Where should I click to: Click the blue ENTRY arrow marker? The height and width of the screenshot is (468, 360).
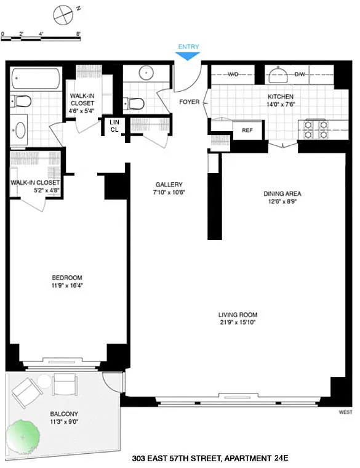(187, 56)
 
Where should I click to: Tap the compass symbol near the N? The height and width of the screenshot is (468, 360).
(63, 15)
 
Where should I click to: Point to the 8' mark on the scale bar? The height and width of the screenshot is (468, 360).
(78, 34)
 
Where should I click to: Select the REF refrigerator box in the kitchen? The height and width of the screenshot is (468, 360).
(247, 130)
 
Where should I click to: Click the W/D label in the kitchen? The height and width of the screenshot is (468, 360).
(233, 74)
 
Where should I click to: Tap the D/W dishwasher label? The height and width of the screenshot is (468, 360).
(300, 74)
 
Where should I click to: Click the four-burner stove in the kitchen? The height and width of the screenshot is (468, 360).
(316, 129)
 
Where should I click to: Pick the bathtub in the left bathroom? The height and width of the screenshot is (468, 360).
(36, 78)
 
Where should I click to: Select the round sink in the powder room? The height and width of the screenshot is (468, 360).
(146, 73)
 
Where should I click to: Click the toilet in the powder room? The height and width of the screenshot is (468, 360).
(134, 103)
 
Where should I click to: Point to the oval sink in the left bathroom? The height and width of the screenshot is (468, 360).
(20, 130)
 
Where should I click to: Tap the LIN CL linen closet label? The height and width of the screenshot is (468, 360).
(114, 126)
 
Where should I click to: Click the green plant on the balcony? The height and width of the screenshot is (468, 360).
(23, 437)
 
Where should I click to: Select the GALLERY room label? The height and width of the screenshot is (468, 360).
(169, 185)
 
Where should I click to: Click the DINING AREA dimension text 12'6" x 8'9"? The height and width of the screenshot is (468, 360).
(282, 201)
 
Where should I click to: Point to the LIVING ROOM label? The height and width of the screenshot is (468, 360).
(238, 315)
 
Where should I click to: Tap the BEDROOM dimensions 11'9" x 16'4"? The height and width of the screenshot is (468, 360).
(67, 285)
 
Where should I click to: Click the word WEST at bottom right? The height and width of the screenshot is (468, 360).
(345, 412)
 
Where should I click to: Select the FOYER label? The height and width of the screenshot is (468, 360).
(189, 102)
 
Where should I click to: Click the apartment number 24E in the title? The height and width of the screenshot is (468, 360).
(281, 458)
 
